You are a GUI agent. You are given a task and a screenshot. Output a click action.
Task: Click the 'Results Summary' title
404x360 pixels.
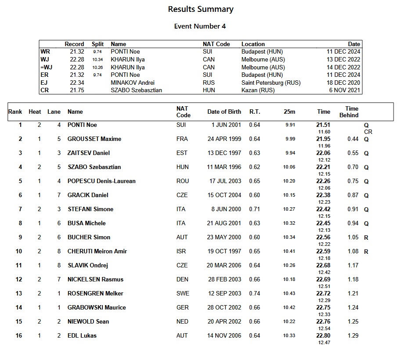tap(201, 9)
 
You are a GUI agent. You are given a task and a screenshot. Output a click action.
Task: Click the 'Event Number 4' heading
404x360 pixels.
tap(200, 26)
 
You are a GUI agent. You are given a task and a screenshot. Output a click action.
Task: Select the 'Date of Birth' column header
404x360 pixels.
tap(224, 112)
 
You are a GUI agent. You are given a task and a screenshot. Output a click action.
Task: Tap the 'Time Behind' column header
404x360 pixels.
tap(349, 112)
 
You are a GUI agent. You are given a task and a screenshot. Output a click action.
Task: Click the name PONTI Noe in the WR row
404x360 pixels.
tap(125, 51)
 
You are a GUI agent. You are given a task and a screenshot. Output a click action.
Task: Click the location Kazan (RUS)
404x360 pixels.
tap(258, 90)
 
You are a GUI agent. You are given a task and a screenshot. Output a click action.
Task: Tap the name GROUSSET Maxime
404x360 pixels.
tap(94, 139)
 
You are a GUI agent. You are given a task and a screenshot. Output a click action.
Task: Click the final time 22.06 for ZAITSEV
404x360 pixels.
tap(323, 153)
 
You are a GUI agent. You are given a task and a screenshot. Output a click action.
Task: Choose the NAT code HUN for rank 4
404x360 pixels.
tap(182, 167)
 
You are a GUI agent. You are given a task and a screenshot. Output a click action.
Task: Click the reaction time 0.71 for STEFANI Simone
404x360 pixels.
tap(254, 209)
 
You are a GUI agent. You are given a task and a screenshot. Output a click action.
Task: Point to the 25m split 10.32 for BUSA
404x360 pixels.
tap(289, 223)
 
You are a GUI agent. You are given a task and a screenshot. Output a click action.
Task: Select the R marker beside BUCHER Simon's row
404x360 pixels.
tap(366, 238)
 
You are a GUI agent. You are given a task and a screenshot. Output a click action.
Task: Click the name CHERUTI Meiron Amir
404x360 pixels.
tap(97, 252)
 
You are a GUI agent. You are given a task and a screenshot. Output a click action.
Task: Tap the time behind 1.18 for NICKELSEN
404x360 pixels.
tap(353, 280)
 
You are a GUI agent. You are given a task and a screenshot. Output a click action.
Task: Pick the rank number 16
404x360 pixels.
tap(19, 336)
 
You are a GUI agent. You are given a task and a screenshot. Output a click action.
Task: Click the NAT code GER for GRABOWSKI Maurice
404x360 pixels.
tap(182, 308)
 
